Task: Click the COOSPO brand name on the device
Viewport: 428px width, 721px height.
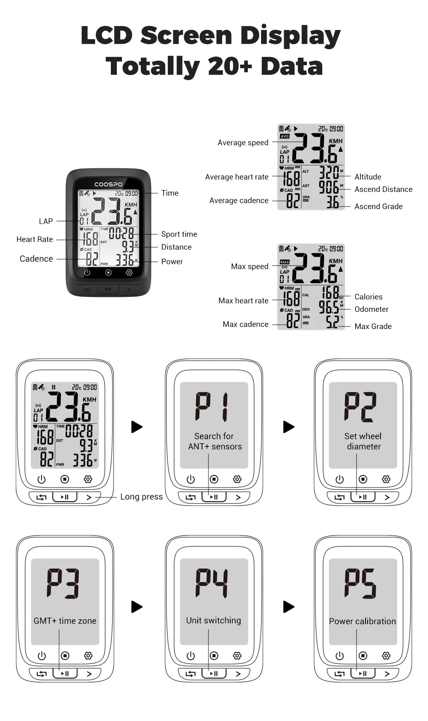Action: [108, 184]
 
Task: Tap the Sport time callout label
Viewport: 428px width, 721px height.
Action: [179, 234]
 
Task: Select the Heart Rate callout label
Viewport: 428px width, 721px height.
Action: [35, 239]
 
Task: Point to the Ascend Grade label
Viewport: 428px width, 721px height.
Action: [378, 206]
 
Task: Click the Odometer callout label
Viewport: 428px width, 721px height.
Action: [371, 309]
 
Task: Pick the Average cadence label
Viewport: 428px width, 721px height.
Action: [239, 200]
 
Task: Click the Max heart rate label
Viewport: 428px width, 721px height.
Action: [243, 300]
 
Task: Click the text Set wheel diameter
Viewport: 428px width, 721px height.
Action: [363, 441]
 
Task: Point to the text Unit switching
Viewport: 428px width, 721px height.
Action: [214, 620]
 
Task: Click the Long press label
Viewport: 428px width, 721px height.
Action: [141, 497]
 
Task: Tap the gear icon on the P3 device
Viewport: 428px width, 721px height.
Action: [88, 655]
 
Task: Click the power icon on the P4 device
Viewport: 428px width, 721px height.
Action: [190, 655]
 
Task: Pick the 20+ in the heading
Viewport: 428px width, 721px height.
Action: [230, 66]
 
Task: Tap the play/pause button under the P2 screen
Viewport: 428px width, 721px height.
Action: [363, 497]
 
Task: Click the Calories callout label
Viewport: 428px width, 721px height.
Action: [368, 296]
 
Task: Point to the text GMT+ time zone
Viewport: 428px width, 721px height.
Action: [65, 621]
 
